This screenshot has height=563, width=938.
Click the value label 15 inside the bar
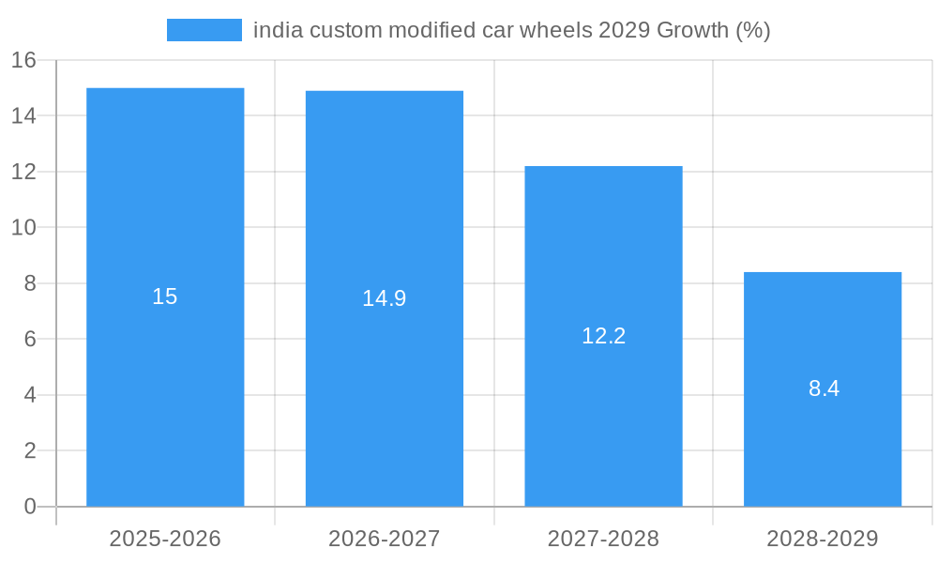pos(165,297)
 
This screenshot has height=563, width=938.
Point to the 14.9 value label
pos(385,298)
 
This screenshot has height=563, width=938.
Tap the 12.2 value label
pos(603,336)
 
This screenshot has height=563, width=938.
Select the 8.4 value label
pos(824,388)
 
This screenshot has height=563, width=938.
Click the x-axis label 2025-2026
pos(165,539)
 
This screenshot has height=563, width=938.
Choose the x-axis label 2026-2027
pos(385,539)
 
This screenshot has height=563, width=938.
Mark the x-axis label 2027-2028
pos(603,539)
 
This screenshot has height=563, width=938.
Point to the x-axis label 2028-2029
pos(823,539)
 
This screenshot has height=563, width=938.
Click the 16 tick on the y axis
pos(23,60)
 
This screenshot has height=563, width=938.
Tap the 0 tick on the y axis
pos(30,507)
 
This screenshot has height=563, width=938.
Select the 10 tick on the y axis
pos(23,228)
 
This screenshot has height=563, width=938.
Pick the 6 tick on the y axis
pos(30,340)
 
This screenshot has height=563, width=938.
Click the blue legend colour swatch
pos(204,30)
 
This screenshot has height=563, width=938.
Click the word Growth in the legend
pos(692,30)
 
